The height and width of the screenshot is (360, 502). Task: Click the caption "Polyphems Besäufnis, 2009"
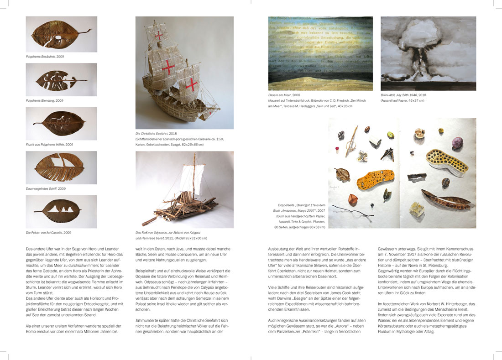click(45, 56)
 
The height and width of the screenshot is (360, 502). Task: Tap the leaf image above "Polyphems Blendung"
click(61, 79)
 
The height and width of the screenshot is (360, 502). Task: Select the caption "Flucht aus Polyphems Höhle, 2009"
click(49, 144)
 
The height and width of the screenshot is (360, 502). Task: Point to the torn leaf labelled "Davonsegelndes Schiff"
click(61, 167)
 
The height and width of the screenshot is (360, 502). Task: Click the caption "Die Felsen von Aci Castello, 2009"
click(48, 233)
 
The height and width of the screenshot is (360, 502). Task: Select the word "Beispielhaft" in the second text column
click(146, 271)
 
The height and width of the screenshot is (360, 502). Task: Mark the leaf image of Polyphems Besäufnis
click(61, 34)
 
